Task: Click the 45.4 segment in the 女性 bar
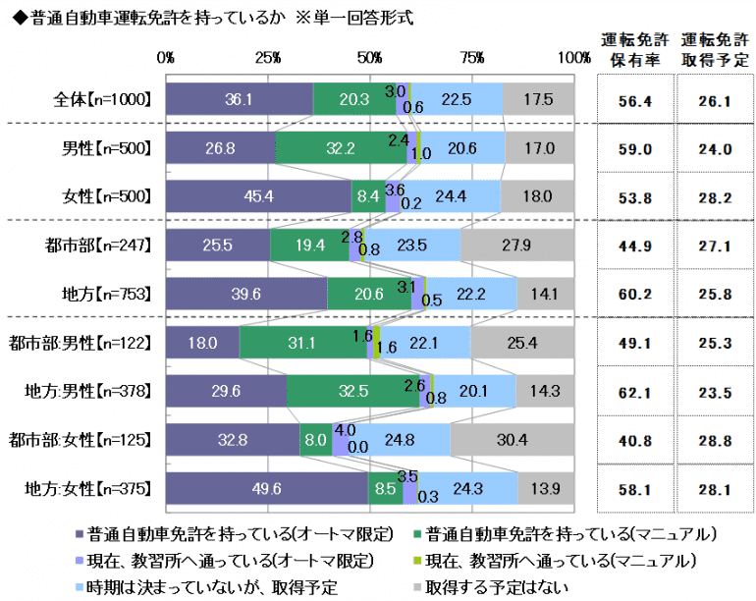pyautogui.click(x=259, y=196)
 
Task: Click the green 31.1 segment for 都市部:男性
pyautogui.click(x=302, y=343)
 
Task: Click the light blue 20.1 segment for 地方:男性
pyautogui.click(x=474, y=391)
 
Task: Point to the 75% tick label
pyautogui.click(x=472, y=59)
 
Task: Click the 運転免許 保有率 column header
pyautogui.click(x=633, y=49)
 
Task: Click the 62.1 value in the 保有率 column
pyautogui.click(x=633, y=391)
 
